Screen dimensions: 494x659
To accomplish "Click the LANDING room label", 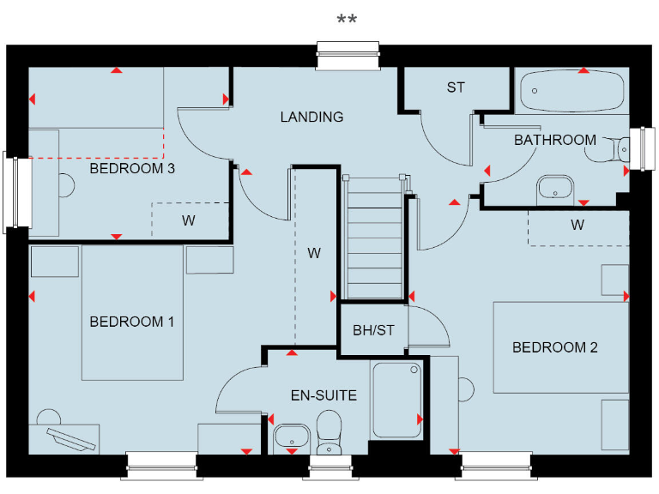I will point(311,117).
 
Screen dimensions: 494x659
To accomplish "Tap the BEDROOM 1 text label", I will point(132,322).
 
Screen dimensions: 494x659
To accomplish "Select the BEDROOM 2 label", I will point(554,347).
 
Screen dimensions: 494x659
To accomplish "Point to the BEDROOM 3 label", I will point(132,168).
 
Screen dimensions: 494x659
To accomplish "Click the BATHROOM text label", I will point(554,140).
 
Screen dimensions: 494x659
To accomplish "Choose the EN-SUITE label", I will point(323,395).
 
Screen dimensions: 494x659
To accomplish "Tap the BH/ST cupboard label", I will point(374,330).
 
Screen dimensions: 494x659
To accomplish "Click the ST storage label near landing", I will point(455,87).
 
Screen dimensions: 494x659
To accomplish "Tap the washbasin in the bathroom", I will point(555,187).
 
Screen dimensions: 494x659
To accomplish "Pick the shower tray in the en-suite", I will point(396,401).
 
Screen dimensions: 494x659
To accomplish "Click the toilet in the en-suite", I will point(329,433).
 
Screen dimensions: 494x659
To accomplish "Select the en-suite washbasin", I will point(293,438).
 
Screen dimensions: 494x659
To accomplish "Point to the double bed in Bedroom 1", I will point(132,313).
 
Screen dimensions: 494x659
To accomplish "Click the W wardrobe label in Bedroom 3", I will point(188,220).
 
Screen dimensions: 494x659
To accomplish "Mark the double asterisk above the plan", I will point(347,19).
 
